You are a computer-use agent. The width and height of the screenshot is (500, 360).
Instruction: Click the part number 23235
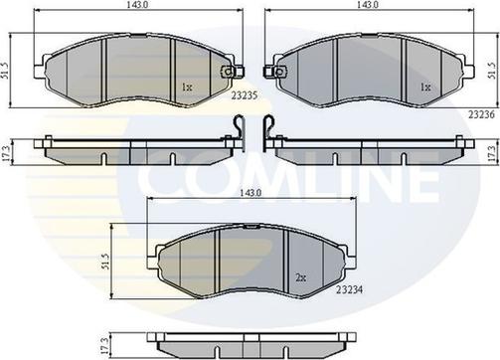coord(245,95)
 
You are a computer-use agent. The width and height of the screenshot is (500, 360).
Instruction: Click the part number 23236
coord(481,114)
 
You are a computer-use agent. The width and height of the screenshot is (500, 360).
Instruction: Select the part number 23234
coord(349,289)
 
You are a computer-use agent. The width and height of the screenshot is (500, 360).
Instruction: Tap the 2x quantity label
coord(300,277)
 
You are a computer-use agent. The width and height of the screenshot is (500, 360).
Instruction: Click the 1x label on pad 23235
coord(187,88)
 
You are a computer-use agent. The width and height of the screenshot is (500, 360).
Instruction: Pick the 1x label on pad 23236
coord(425,88)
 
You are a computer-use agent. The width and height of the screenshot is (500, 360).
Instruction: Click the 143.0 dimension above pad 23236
coord(368,4)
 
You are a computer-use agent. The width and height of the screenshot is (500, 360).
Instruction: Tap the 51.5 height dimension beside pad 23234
coord(105,262)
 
